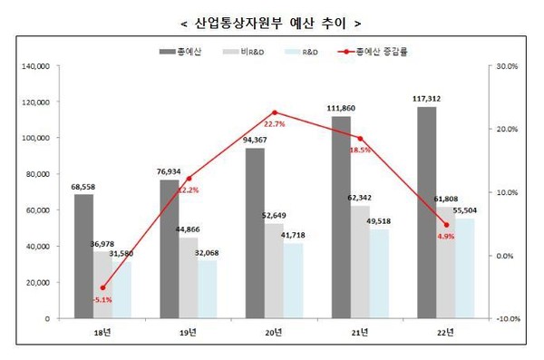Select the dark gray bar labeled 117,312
coord(426,213)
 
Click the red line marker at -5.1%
coord(102,287)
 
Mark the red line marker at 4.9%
coord(445,225)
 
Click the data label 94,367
coord(255,139)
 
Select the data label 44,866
coord(187,229)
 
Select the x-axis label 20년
coord(273,334)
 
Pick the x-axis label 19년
coord(188,334)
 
